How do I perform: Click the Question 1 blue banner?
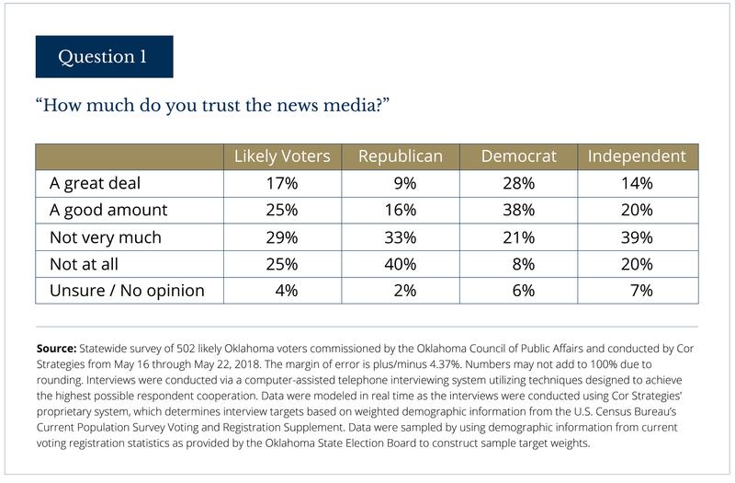104,57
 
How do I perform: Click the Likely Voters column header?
282,156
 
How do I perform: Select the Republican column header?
400,156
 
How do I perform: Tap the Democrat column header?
519,156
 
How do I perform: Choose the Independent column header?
637,156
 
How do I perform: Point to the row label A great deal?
95,183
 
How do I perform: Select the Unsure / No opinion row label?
126,292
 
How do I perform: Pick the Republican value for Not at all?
400,264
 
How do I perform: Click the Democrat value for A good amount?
519,210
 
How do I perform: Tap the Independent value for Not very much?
636,237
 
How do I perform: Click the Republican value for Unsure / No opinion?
401,292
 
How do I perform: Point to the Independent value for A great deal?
636,183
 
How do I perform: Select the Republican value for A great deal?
401,183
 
